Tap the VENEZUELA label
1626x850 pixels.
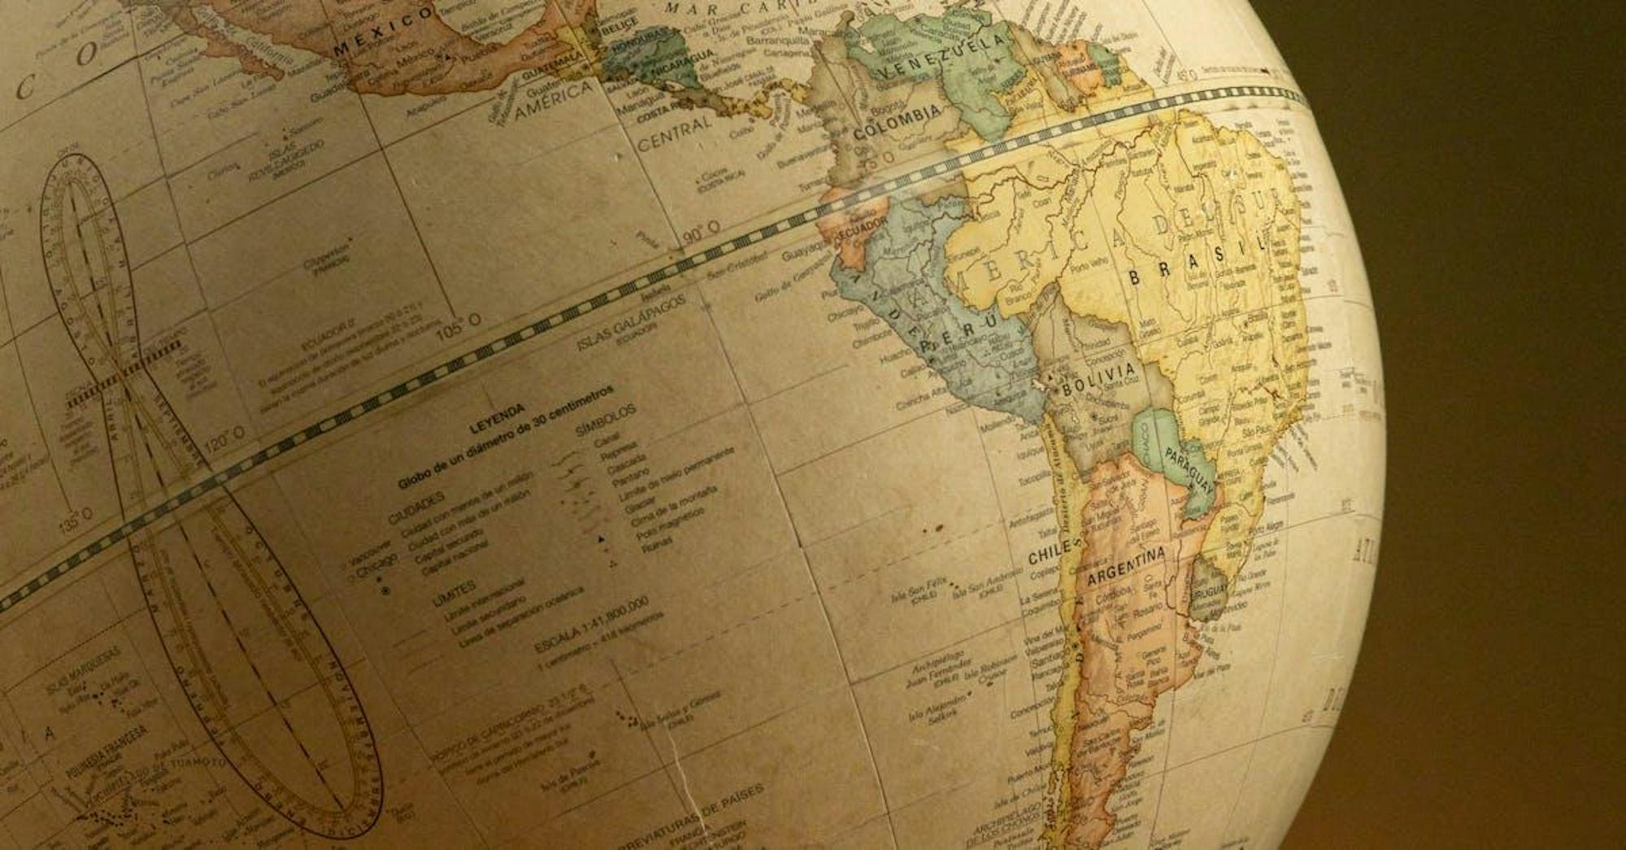point(942,58)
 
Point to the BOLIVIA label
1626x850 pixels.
point(1098,378)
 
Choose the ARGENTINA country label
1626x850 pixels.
point(1126,566)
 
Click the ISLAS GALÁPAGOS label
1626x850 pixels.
point(630,323)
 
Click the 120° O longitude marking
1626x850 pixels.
point(225,440)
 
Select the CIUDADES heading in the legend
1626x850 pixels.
point(416,508)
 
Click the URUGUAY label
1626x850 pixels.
point(1209,592)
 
